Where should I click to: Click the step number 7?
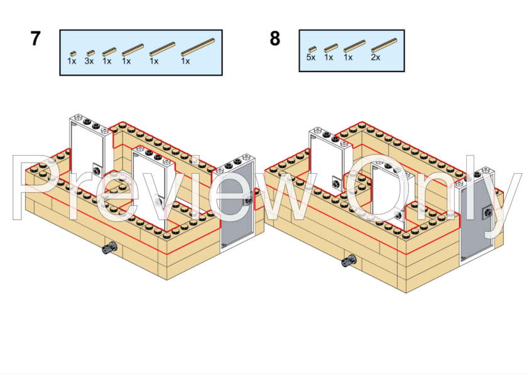[x=35, y=39]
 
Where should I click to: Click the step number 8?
[x=275, y=39]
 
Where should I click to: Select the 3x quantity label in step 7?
[x=89, y=61]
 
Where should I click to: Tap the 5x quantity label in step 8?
[x=310, y=57]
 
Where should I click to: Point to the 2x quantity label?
[x=375, y=57]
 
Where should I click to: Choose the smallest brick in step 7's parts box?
[x=72, y=53]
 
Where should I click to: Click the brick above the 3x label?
[x=90, y=53]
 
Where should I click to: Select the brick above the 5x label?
[x=312, y=48]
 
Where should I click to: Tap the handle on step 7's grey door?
[x=249, y=200]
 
